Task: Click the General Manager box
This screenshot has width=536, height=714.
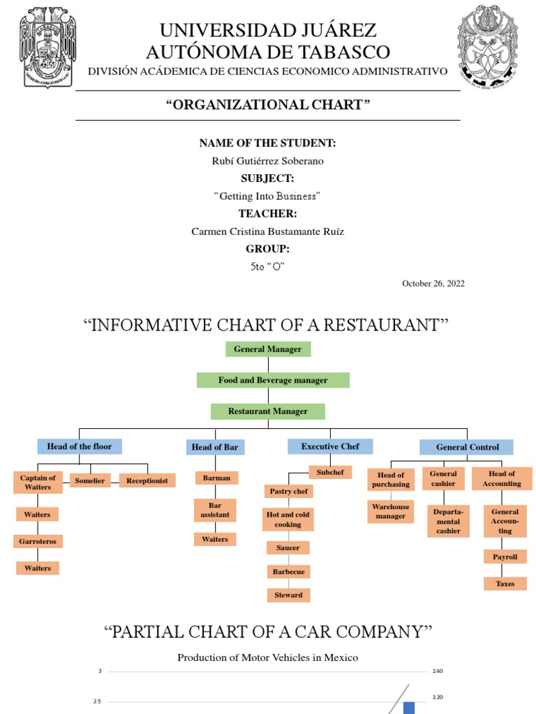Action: point(268,349)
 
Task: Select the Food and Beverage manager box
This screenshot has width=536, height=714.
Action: point(273,380)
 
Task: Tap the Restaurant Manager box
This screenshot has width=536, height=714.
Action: point(267,411)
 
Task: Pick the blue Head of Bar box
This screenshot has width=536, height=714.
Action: point(215,447)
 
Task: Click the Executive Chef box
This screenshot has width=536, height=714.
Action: point(330,446)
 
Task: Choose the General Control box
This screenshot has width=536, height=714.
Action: point(466,447)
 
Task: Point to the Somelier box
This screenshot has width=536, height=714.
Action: point(90,480)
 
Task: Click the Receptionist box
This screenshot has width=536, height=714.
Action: point(147,480)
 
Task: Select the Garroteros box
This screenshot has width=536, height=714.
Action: point(38,541)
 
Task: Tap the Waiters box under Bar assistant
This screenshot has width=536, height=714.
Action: point(215,539)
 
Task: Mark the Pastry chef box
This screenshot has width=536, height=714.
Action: point(288,492)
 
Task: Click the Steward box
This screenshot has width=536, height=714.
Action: point(288,595)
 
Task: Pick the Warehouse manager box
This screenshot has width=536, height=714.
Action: point(391,511)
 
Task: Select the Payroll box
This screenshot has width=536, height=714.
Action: point(505,557)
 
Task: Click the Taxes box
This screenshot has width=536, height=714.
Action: point(505,584)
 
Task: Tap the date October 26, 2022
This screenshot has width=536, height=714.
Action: point(433,283)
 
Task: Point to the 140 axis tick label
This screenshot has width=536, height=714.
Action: point(438,671)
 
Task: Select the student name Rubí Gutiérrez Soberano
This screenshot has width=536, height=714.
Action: point(267,160)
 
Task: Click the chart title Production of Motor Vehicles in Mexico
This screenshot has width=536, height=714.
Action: point(267,657)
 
